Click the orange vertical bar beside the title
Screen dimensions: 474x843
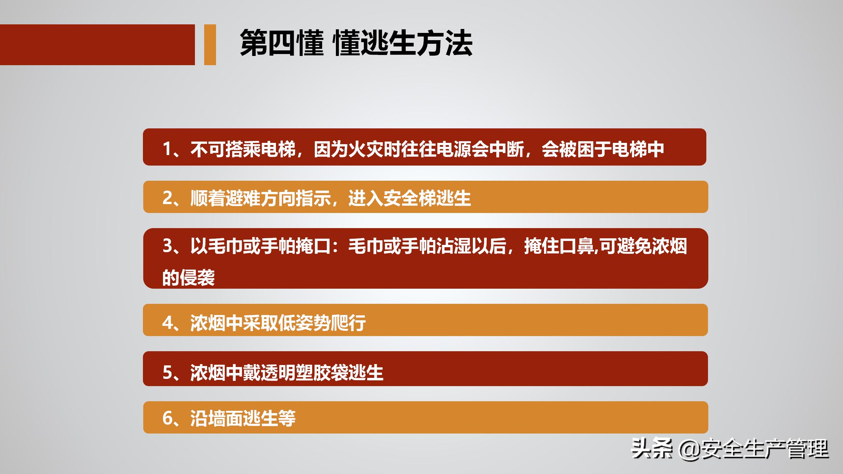coord(210,44)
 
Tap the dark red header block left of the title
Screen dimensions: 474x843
coord(97,44)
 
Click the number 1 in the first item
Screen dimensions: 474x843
coord(167,149)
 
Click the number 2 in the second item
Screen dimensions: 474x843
coord(167,198)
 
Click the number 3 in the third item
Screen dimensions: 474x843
coord(167,246)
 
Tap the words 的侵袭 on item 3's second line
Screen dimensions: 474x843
coord(189,277)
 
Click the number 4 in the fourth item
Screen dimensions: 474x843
coord(167,323)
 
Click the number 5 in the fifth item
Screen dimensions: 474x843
coord(167,372)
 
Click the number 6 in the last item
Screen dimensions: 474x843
coord(167,418)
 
